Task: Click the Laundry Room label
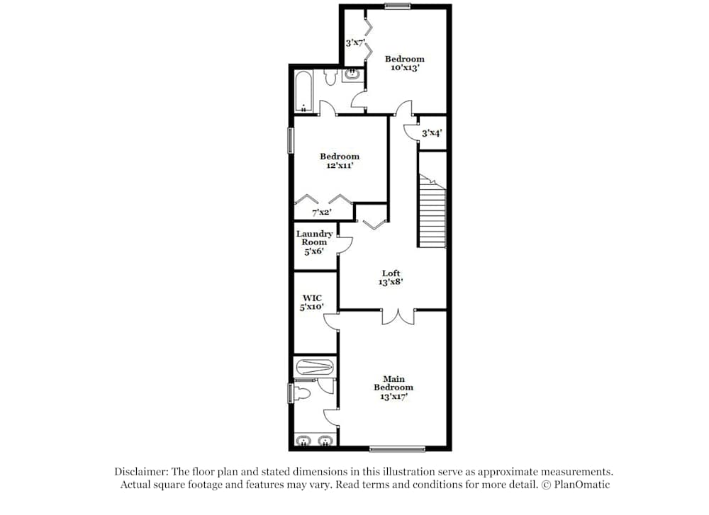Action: (x=314, y=242)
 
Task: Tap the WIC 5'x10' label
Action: (x=312, y=302)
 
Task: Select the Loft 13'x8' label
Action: (x=391, y=278)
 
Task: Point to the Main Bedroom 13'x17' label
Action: (x=393, y=387)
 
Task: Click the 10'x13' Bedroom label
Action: (x=405, y=63)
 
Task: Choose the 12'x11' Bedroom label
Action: (x=340, y=161)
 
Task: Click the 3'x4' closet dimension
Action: (x=431, y=133)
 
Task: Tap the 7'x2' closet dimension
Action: (x=321, y=213)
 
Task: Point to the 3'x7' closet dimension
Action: (x=355, y=43)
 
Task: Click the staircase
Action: (x=432, y=211)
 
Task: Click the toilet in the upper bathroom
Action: (x=330, y=77)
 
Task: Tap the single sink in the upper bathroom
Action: (x=351, y=74)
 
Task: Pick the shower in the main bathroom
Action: (x=315, y=366)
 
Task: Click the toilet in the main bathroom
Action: (x=302, y=394)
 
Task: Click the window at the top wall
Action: (x=398, y=6)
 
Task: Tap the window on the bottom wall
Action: (x=397, y=448)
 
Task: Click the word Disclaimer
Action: (x=141, y=472)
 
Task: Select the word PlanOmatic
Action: (x=582, y=485)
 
